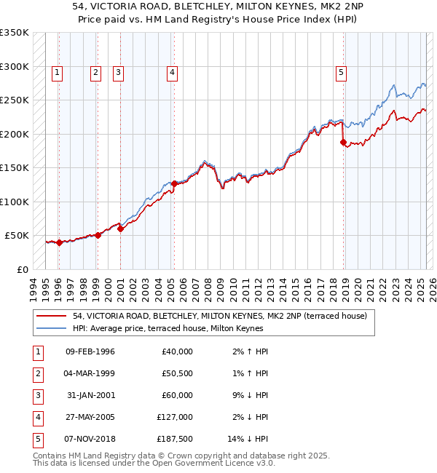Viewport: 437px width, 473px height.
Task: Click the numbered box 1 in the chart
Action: (x=58, y=72)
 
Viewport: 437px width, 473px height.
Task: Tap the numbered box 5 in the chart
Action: (x=341, y=72)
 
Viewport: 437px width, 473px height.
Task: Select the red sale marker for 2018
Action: (x=343, y=143)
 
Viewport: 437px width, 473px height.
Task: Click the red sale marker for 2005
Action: (x=175, y=183)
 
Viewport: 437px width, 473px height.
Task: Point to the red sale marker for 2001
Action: (x=121, y=228)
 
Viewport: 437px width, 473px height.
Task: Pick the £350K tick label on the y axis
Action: (x=15, y=33)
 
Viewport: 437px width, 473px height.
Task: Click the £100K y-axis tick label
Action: (x=15, y=202)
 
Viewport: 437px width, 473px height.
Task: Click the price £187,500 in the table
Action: (x=175, y=439)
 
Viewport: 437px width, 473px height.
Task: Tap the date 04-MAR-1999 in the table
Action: (x=90, y=373)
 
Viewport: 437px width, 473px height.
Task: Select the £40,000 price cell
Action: (x=178, y=351)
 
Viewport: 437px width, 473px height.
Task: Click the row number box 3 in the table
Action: (x=37, y=395)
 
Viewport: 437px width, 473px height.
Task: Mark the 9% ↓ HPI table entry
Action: (x=250, y=395)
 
